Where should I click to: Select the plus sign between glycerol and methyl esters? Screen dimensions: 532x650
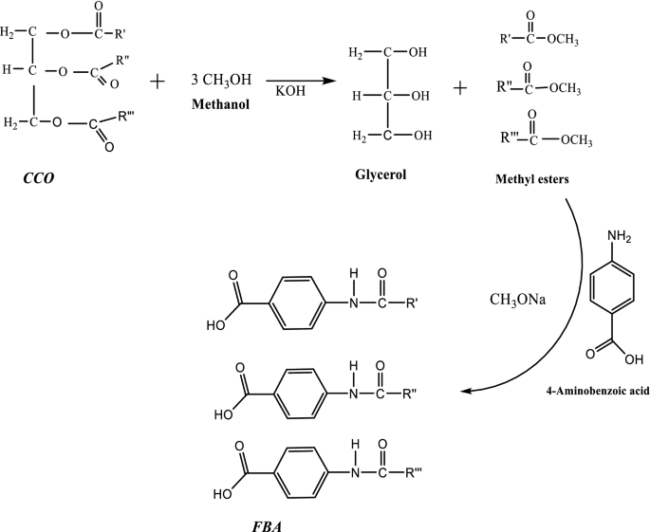click(461, 88)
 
